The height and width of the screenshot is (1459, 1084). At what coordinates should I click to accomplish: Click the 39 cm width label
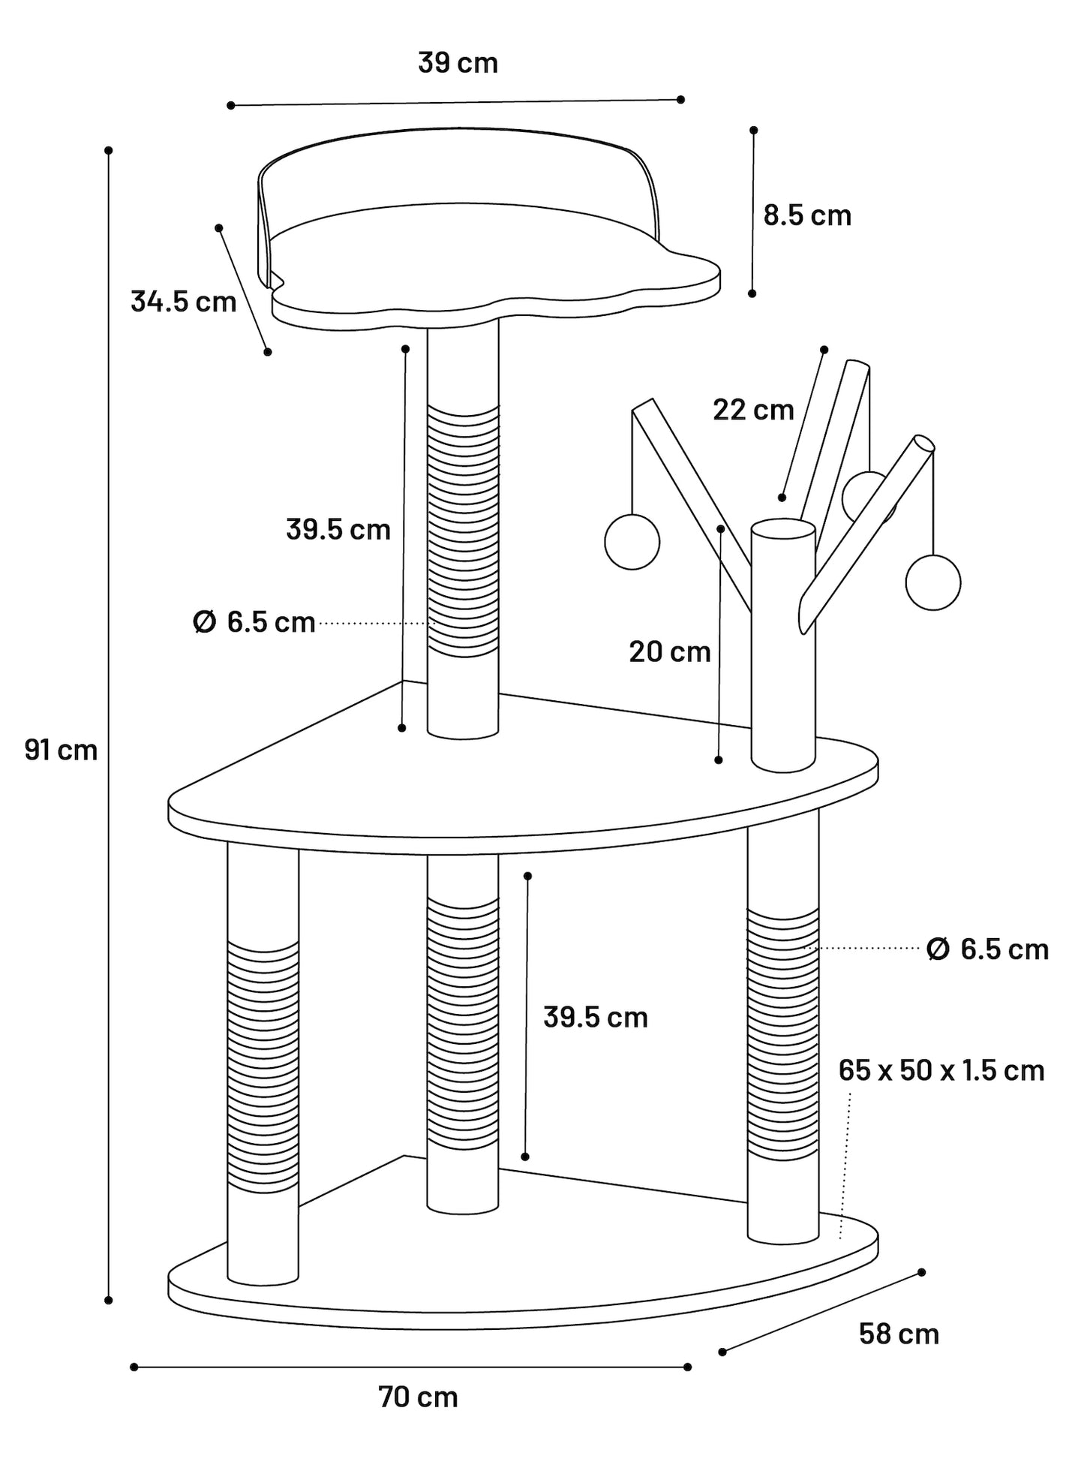[x=458, y=63]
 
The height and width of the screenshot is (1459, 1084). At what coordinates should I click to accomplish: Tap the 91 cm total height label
[x=61, y=750]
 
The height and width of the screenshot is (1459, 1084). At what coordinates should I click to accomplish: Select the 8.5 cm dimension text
[x=807, y=215]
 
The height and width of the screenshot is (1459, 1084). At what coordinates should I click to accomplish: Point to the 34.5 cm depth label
[x=183, y=301]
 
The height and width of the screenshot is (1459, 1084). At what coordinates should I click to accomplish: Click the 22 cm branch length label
[x=753, y=410]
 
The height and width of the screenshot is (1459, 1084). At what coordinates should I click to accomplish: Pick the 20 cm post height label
[x=669, y=651]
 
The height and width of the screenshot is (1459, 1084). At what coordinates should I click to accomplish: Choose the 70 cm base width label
[x=418, y=1397]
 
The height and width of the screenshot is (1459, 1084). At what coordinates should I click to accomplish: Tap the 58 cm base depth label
[x=899, y=1334]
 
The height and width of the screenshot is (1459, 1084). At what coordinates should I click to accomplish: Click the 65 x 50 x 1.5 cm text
[x=941, y=1070]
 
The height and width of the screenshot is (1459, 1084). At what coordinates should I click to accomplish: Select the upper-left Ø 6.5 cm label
[x=254, y=622]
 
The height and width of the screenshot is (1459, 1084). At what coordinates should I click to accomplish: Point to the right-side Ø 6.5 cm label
[x=987, y=949]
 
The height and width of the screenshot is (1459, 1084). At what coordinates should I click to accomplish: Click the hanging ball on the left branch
[x=632, y=542]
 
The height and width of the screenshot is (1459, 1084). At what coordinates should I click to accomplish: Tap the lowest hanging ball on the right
[x=932, y=582]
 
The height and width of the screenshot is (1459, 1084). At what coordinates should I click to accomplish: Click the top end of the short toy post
[x=783, y=528]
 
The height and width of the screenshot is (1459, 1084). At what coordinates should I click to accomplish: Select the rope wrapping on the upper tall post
[x=463, y=531]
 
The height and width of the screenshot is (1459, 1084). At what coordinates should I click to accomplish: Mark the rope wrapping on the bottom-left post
[x=263, y=1067]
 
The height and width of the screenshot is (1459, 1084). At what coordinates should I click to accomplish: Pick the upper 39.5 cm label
[x=338, y=530]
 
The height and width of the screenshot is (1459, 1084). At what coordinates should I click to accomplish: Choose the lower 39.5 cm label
[x=596, y=1018]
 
